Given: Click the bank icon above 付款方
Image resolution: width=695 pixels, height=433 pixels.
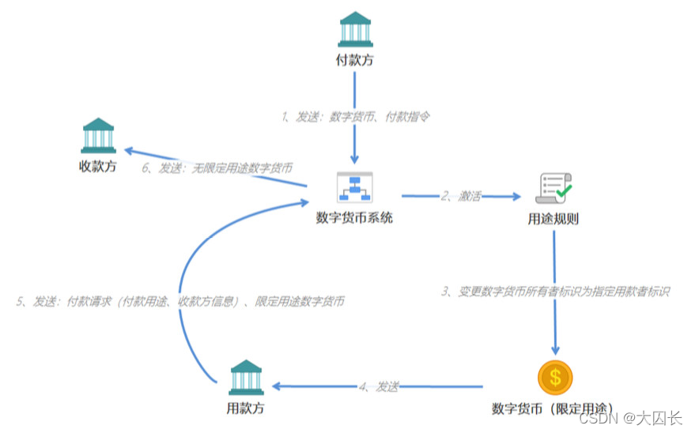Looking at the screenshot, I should (x=355, y=28).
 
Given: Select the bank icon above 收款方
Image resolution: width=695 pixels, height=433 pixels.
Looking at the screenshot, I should (x=98, y=135).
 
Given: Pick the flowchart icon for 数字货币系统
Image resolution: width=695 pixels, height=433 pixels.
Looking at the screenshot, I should (x=353, y=188).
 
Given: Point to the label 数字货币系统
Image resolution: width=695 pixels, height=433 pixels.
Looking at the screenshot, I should (x=354, y=218).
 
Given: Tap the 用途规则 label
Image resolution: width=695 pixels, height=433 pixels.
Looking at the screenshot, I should (x=553, y=219).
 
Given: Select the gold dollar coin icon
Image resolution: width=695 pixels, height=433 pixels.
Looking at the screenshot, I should (x=555, y=378).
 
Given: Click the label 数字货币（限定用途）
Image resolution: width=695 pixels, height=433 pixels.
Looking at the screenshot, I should (x=553, y=409).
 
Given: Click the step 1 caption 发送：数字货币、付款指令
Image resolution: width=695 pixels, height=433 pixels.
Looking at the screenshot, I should (x=355, y=116).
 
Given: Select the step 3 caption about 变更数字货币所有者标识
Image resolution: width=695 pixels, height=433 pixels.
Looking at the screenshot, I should (x=555, y=292).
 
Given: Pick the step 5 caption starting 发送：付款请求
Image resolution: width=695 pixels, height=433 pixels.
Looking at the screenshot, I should (x=180, y=301).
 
